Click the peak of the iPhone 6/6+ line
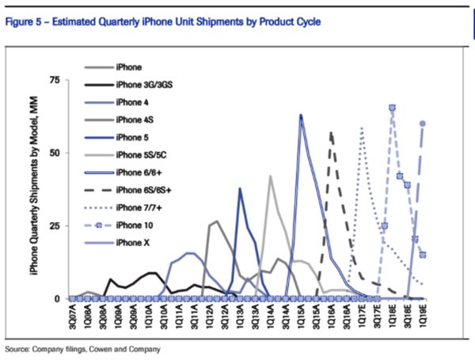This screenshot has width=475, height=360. (301, 116)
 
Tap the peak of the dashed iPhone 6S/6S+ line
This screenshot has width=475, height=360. (331, 133)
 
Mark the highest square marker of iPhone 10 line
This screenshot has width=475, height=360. (392, 108)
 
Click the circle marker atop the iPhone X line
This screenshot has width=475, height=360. (423, 123)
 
